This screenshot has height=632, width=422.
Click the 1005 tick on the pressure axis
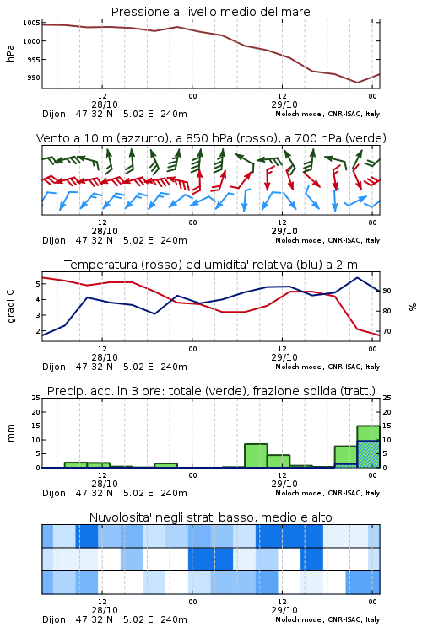pos(31,23)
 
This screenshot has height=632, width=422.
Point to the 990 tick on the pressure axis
pos(34,78)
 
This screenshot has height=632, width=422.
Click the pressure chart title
pos(211,12)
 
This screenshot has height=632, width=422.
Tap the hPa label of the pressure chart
pos(10,53)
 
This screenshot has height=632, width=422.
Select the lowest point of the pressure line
pos(357,83)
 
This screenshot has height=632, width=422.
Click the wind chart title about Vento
pos(211,138)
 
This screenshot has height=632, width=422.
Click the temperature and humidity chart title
pos(211,265)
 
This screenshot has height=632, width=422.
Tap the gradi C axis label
pos(10,307)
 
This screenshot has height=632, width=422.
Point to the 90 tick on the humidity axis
pos(387,291)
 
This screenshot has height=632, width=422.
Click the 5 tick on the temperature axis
pos(38,284)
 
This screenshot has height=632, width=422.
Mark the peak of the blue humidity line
pos(357,277)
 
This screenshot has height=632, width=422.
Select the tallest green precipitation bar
pos(368,447)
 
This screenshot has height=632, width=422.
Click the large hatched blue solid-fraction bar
pos(368,454)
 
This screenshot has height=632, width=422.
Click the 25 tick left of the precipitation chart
pos(36,398)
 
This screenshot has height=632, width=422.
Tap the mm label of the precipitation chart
pos(10,433)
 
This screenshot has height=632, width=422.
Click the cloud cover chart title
pos(211,517)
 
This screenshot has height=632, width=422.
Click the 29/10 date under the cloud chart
pos(284,610)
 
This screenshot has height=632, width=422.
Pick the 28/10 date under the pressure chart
pos(105,104)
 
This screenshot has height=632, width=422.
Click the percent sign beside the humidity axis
pos(413,307)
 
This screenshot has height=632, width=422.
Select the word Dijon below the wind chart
pos(54,241)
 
